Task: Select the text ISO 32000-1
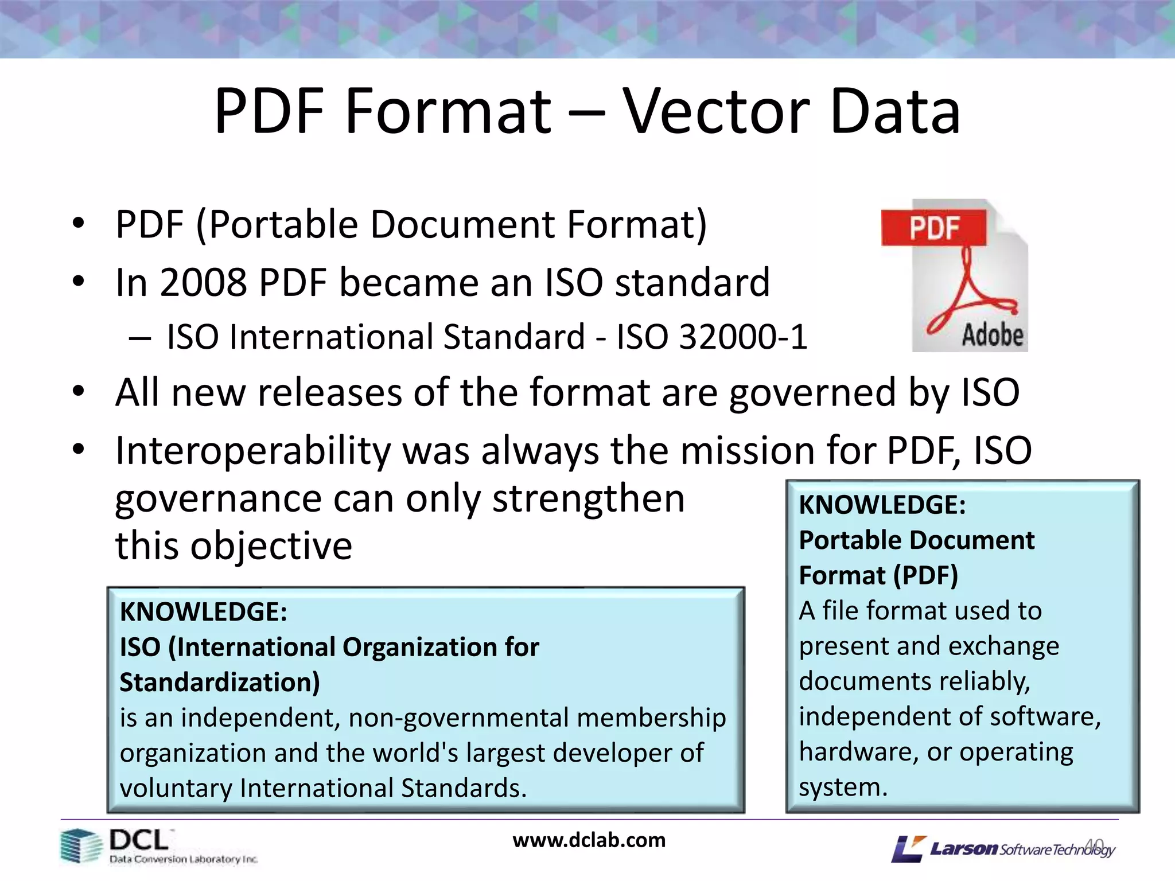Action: tap(711, 337)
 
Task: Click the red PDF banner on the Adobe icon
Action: tap(934, 228)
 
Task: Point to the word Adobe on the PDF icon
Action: tap(992, 335)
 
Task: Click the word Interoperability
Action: tap(253, 451)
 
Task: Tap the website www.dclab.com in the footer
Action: tap(589, 840)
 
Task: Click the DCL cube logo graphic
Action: tap(80, 846)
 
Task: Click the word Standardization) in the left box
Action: tap(220, 683)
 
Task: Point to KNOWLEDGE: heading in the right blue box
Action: tap(882, 505)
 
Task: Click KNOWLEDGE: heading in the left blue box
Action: tap(203, 612)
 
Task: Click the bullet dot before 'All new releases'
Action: tap(79, 392)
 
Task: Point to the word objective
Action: tap(271, 545)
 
